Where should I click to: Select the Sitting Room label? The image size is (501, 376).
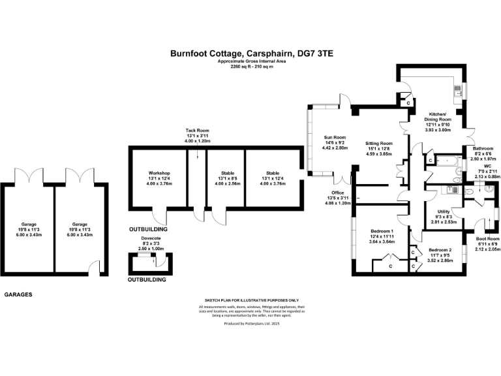[378, 143]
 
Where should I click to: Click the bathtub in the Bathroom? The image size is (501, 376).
[449, 160]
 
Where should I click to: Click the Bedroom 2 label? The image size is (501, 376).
[440, 250]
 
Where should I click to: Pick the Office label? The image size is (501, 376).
[337, 193]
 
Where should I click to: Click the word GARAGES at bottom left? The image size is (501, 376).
[18, 294]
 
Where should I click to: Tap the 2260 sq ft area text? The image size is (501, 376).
[251, 67]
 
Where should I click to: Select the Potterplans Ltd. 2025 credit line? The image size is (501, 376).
[251, 323]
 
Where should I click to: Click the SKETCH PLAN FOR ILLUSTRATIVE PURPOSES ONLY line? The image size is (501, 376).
[251, 300]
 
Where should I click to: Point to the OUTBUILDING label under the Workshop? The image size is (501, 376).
[147, 229]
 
